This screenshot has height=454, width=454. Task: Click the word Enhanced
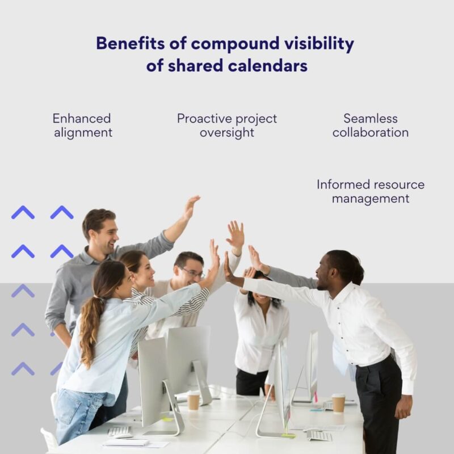(82, 119)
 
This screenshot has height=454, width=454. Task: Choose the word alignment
(83, 133)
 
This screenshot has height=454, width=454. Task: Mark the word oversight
(227, 133)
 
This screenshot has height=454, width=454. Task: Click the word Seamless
(371, 119)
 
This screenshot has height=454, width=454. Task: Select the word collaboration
(371, 133)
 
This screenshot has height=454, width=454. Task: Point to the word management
(371, 199)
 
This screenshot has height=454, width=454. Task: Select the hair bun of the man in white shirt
(357, 274)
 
